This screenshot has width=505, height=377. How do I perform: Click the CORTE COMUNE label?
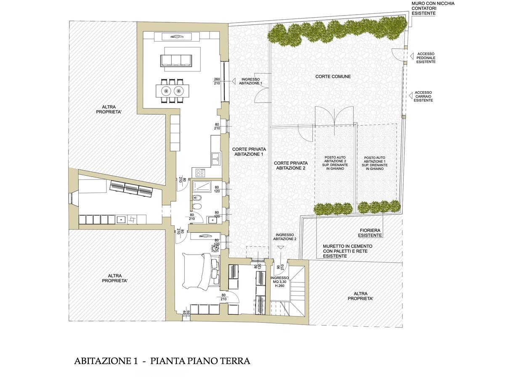coord(333,76)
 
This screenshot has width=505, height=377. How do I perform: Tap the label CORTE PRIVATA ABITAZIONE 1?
coord(249,152)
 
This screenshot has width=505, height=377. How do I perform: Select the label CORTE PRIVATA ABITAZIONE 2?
coord(290,166)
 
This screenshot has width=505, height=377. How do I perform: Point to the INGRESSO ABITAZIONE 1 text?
coord(250,82)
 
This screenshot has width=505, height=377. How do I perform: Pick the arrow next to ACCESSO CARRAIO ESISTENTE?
coord(411,95)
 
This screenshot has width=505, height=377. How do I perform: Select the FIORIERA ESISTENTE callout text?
coord(370,233)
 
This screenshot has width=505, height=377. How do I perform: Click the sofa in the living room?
coord(176,61)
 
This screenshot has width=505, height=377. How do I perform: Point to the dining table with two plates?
coord(173,91)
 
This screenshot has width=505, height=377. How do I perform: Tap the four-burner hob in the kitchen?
coord(200,173)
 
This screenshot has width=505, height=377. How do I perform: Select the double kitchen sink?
coord(216,159)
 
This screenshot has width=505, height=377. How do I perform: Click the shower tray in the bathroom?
coord(202,186)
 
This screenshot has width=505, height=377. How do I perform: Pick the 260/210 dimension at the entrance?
coord(217,81)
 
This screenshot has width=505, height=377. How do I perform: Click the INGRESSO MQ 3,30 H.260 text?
coord(279,282)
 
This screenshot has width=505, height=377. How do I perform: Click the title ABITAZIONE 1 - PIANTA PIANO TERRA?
coord(162,361)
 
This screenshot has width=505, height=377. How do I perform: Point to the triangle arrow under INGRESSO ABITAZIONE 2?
coord(280,248)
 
